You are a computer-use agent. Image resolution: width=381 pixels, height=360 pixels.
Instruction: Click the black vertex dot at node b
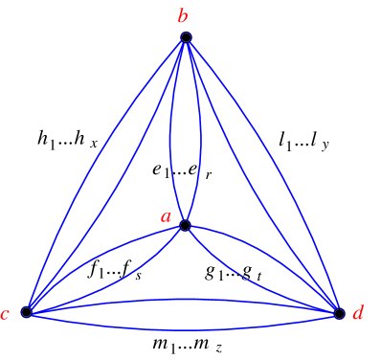(187, 37)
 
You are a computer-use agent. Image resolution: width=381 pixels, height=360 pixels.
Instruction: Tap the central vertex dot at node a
(185, 226)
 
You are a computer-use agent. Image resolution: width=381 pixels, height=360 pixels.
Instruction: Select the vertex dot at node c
(27, 312)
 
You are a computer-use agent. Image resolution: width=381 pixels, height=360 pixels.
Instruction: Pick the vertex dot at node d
(339, 312)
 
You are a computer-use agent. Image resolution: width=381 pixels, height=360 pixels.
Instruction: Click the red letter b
(182, 14)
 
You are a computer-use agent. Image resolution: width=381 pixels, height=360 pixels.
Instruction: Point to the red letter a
(166, 218)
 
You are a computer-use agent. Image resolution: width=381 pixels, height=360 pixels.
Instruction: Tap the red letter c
(8, 315)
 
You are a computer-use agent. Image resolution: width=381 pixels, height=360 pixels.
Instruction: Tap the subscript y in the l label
(325, 145)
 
